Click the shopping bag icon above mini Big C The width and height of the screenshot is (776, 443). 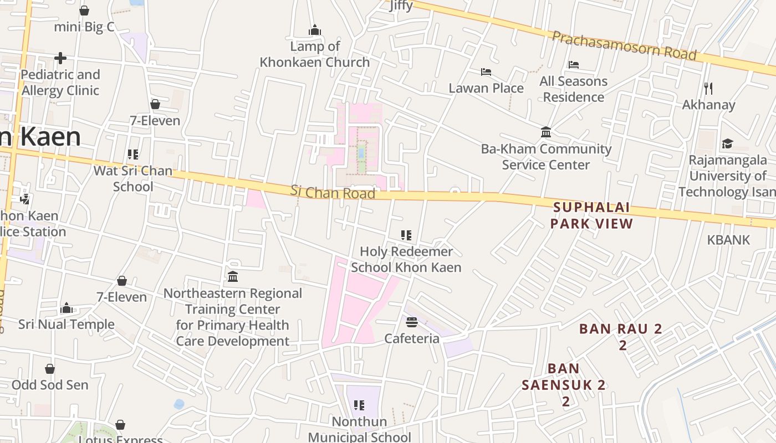(x=84, y=11)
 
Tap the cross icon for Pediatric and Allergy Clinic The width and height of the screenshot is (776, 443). (x=60, y=58)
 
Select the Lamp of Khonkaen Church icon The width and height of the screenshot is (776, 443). (x=315, y=30)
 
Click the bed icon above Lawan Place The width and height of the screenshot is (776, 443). (x=486, y=72)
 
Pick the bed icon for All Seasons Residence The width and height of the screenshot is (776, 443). (x=574, y=65)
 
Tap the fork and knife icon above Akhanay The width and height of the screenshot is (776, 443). (x=708, y=88)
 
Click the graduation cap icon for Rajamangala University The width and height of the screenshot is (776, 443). (x=727, y=144)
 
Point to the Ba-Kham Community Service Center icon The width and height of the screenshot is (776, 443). (x=546, y=132)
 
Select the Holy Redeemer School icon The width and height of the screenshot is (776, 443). (x=406, y=235)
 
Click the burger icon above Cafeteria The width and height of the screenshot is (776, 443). (x=411, y=322)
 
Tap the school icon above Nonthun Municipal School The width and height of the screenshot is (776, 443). (x=359, y=405)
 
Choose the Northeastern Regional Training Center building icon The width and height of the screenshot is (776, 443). (x=233, y=276)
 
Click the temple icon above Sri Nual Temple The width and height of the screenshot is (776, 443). (x=67, y=308)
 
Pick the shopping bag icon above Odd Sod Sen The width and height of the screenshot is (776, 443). (x=50, y=369)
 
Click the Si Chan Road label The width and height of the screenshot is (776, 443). (x=333, y=192)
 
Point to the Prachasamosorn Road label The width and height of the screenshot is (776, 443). (x=624, y=45)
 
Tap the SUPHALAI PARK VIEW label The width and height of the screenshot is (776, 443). (x=591, y=215)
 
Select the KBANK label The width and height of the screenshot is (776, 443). (x=728, y=240)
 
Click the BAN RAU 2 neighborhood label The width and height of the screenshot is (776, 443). (x=621, y=329)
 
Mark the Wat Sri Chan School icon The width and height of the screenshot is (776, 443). (x=132, y=154)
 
